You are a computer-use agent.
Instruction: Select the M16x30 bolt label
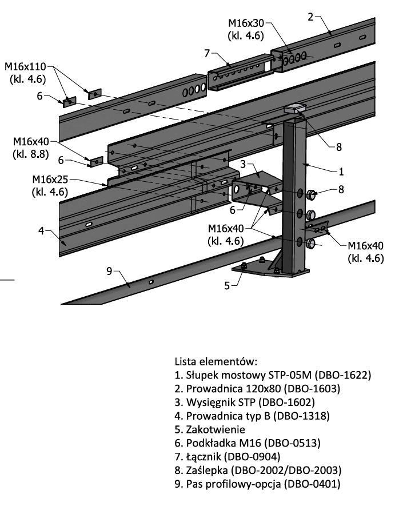[x=248, y=24]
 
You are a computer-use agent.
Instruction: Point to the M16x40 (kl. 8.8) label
[x=30, y=141]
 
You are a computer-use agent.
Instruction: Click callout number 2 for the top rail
[x=310, y=18]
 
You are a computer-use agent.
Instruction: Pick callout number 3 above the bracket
[x=242, y=165]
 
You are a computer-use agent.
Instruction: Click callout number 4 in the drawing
[x=41, y=231]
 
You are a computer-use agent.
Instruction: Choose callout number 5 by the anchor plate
[x=226, y=286]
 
